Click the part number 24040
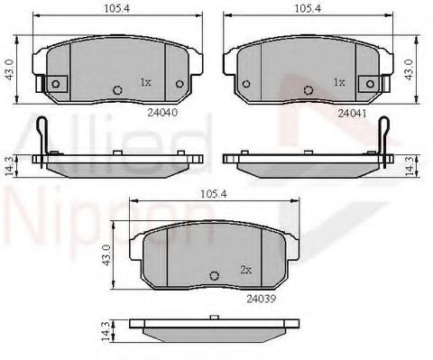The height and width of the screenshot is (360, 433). [x=162, y=113]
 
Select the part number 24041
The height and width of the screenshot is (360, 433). [x=353, y=114]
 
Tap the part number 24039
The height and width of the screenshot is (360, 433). [x=261, y=299]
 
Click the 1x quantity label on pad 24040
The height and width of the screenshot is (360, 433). [x=145, y=82]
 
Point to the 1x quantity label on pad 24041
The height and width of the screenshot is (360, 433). [x=339, y=82]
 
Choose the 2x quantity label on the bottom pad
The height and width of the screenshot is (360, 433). [x=245, y=270]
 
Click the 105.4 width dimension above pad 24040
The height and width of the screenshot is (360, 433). [x=117, y=8]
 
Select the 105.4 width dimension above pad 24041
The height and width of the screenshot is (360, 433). [x=308, y=8]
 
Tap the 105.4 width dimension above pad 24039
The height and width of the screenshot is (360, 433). [x=213, y=194]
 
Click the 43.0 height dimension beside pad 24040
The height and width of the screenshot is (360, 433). [x=10, y=69]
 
